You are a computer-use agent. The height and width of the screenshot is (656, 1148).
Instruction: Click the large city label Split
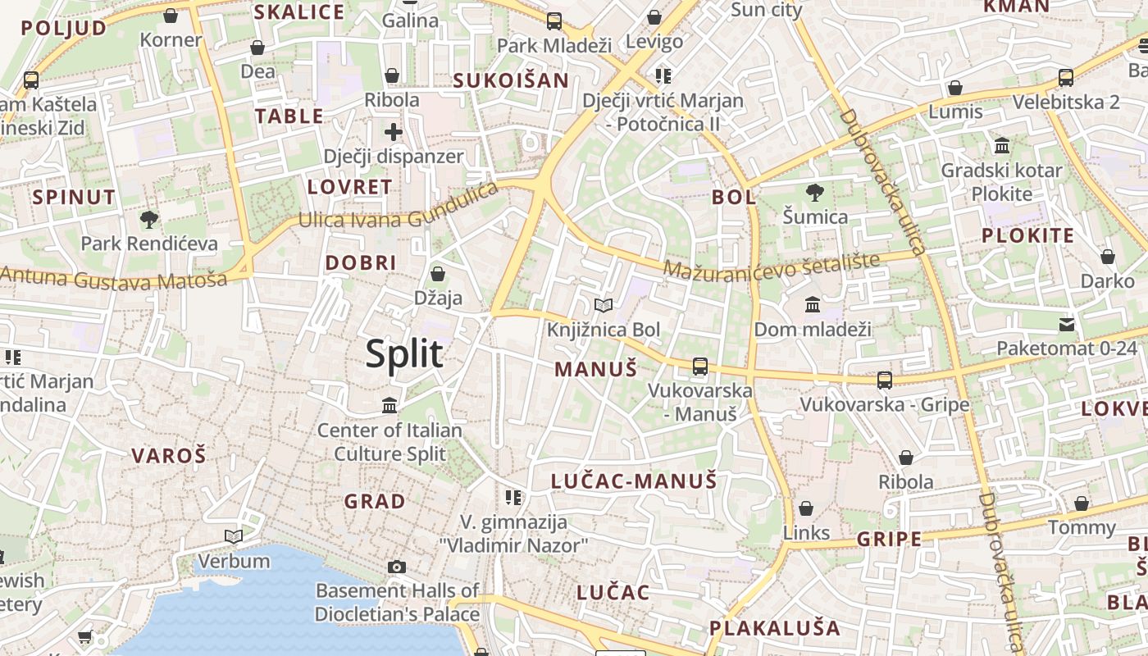pyautogui.click(x=404, y=354)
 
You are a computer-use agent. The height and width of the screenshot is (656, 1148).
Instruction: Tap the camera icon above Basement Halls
pyautogui.click(x=397, y=567)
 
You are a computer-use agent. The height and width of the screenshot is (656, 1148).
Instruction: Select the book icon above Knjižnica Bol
pyautogui.click(x=604, y=306)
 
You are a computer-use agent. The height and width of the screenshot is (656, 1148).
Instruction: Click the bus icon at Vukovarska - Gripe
pyautogui.click(x=884, y=380)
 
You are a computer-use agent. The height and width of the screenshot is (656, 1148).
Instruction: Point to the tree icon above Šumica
pyautogui.click(x=814, y=194)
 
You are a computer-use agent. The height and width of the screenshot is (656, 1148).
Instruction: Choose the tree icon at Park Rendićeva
pyautogui.click(x=148, y=219)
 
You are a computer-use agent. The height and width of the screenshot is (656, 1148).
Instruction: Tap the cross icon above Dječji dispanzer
pyautogui.click(x=394, y=131)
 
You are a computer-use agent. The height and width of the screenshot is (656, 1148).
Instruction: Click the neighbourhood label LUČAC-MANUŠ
pyautogui.click(x=634, y=481)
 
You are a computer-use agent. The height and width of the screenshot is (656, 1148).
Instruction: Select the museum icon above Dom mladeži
pyautogui.click(x=813, y=305)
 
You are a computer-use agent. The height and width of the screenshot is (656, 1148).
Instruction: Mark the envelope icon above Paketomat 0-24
pyautogui.click(x=1067, y=324)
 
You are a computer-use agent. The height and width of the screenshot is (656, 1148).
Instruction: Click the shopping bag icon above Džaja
pyautogui.click(x=438, y=274)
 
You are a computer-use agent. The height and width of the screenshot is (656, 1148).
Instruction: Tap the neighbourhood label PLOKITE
pyautogui.click(x=1027, y=236)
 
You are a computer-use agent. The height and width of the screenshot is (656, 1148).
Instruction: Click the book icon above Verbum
pyautogui.click(x=234, y=536)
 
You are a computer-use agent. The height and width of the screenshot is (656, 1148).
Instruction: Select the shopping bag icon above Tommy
pyautogui.click(x=1082, y=503)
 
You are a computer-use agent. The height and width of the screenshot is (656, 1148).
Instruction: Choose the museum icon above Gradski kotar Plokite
pyautogui.click(x=1001, y=147)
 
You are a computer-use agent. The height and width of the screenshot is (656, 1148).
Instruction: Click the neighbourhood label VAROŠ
pyautogui.click(x=169, y=456)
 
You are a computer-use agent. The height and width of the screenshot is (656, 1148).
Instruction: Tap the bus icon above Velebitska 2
pyautogui.click(x=1066, y=78)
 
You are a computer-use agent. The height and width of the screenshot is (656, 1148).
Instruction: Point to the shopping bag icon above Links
pyautogui.click(x=806, y=508)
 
